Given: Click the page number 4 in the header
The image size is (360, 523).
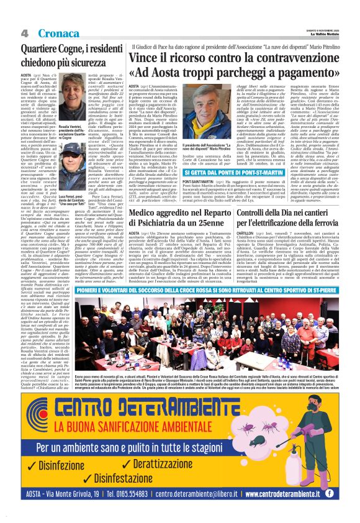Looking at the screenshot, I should coord(24,32).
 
